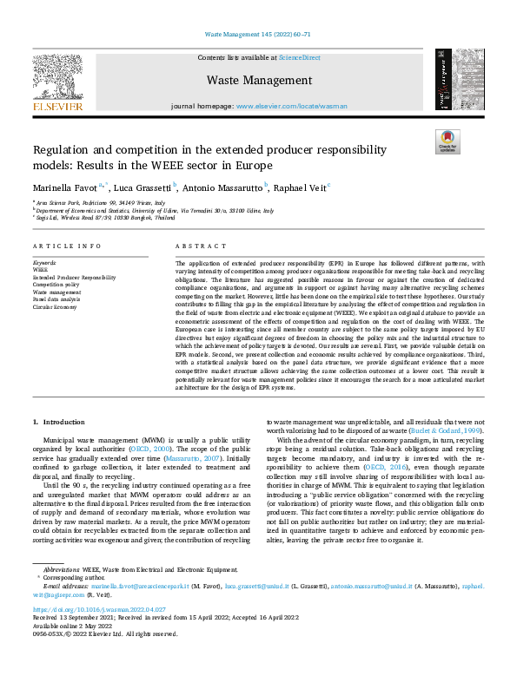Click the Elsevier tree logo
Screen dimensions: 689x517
click(57, 77)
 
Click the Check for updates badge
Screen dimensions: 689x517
click(448, 141)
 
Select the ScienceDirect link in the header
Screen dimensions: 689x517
click(299, 57)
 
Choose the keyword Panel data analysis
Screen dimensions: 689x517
click(58, 300)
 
